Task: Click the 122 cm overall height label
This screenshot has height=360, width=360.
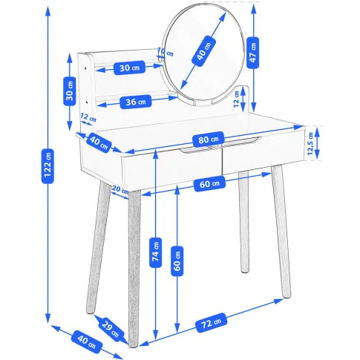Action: pos(48,166)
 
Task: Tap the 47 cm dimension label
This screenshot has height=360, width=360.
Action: pos(253,53)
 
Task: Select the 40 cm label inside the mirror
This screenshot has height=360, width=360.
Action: pos(204,51)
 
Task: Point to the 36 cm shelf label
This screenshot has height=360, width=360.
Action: pos(136,102)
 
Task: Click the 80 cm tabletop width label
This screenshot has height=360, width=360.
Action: pos(209,140)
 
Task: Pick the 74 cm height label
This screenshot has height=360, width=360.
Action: pos(156,252)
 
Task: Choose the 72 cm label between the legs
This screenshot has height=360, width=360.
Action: pos(212,323)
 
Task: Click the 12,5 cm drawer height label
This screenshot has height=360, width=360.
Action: pos(311,144)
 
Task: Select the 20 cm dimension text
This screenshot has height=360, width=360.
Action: pos(120,190)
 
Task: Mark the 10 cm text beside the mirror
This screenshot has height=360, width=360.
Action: pos(166,52)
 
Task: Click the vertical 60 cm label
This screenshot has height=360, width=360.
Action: pos(177,261)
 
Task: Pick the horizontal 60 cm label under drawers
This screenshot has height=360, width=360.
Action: pos(209,183)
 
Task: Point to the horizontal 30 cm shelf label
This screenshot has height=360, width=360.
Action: pos(129,68)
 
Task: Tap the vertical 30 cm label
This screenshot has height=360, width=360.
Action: pos(70,91)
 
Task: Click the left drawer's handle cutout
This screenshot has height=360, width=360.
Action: pos(196,151)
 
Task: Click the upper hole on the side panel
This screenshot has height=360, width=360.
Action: pos(85,68)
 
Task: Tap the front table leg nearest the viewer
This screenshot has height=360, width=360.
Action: pos(134,269)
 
